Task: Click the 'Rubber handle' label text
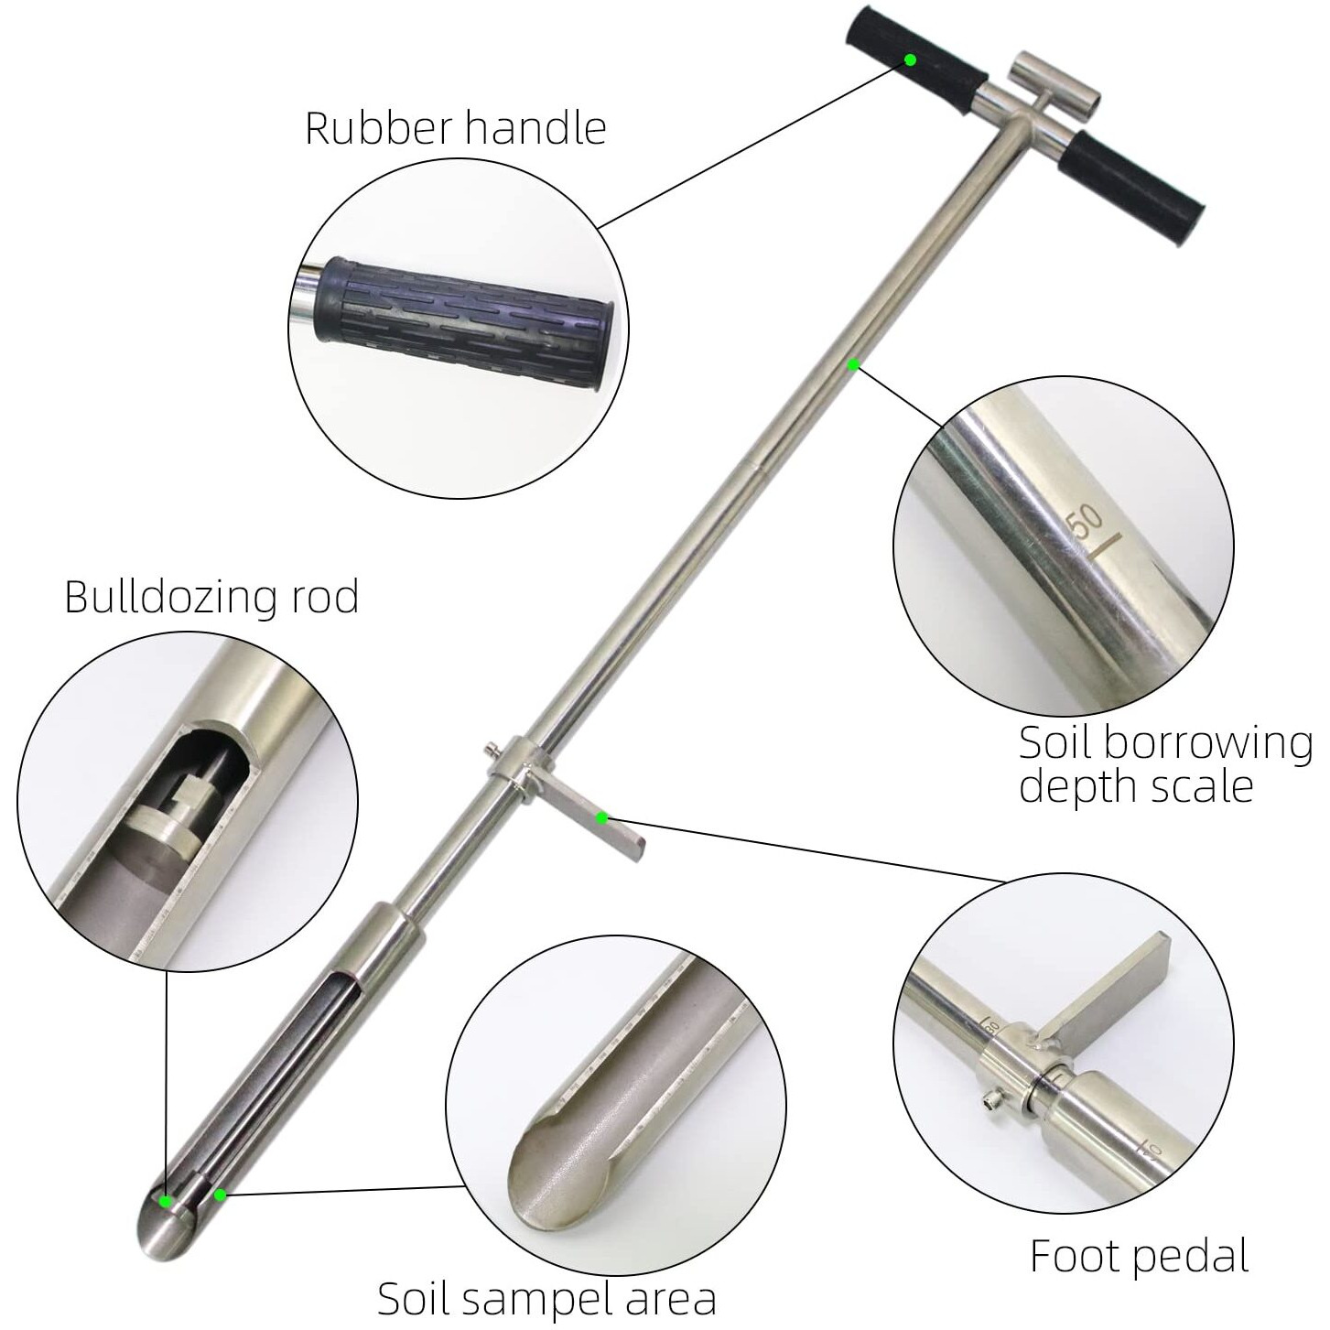pyautogui.click(x=455, y=127)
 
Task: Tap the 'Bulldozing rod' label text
pyautogui.click(x=211, y=597)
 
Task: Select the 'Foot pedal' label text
pyautogui.click(x=1139, y=1255)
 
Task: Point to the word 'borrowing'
pyautogui.click(x=1207, y=743)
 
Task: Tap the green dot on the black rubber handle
pyautogui.click(x=910, y=59)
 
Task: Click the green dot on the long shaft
pyautogui.click(x=853, y=364)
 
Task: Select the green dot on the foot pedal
pyautogui.click(x=601, y=816)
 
